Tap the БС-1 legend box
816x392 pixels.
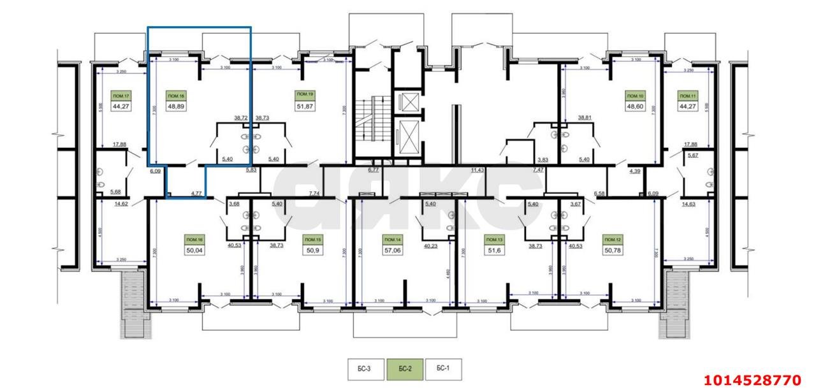coord(443,368)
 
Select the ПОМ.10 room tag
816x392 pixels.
coord(637,96)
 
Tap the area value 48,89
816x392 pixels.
coord(177,106)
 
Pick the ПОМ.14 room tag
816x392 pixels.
coord(392,240)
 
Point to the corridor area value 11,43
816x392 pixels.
coord(477,170)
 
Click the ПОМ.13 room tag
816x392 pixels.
coord(494,240)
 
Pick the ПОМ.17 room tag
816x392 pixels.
coord(120,96)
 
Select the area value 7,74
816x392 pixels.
coord(314,192)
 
